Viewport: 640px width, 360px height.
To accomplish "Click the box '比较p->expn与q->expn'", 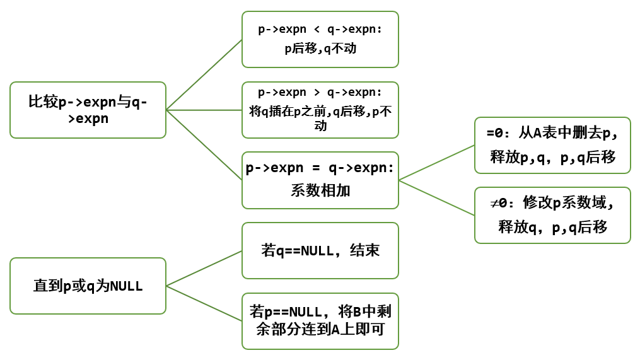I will (88, 110).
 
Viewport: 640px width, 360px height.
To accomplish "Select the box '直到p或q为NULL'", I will (88, 286).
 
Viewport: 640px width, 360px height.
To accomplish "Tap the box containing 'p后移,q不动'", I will (320, 39).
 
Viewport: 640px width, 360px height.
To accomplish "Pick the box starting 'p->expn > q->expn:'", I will (320, 110).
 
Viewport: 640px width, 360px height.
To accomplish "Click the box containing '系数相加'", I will (320, 180).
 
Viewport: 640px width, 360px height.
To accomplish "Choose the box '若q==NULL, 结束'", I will (320, 250).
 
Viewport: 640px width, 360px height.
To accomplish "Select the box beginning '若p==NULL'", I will (320, 321).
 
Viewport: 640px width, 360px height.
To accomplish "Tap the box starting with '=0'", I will (552, 145).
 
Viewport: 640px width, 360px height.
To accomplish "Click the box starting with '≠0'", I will (552, 215).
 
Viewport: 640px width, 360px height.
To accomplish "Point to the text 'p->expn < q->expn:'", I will (320, 29).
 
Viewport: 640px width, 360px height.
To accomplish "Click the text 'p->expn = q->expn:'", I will (320, 169).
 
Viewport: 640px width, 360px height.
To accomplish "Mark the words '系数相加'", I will (320, 190).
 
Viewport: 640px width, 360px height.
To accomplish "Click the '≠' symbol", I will (494, 204).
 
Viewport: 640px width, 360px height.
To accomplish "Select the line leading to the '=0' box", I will (436, 163).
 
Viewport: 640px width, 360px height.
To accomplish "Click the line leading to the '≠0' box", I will (436, 197).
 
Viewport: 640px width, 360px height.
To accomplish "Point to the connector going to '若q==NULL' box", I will (204, 268).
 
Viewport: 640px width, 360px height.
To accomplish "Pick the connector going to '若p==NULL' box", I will (204, 303).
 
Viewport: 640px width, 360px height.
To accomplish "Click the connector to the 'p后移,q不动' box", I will (204, 74).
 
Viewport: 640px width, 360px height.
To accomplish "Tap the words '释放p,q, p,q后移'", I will (552, 157).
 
